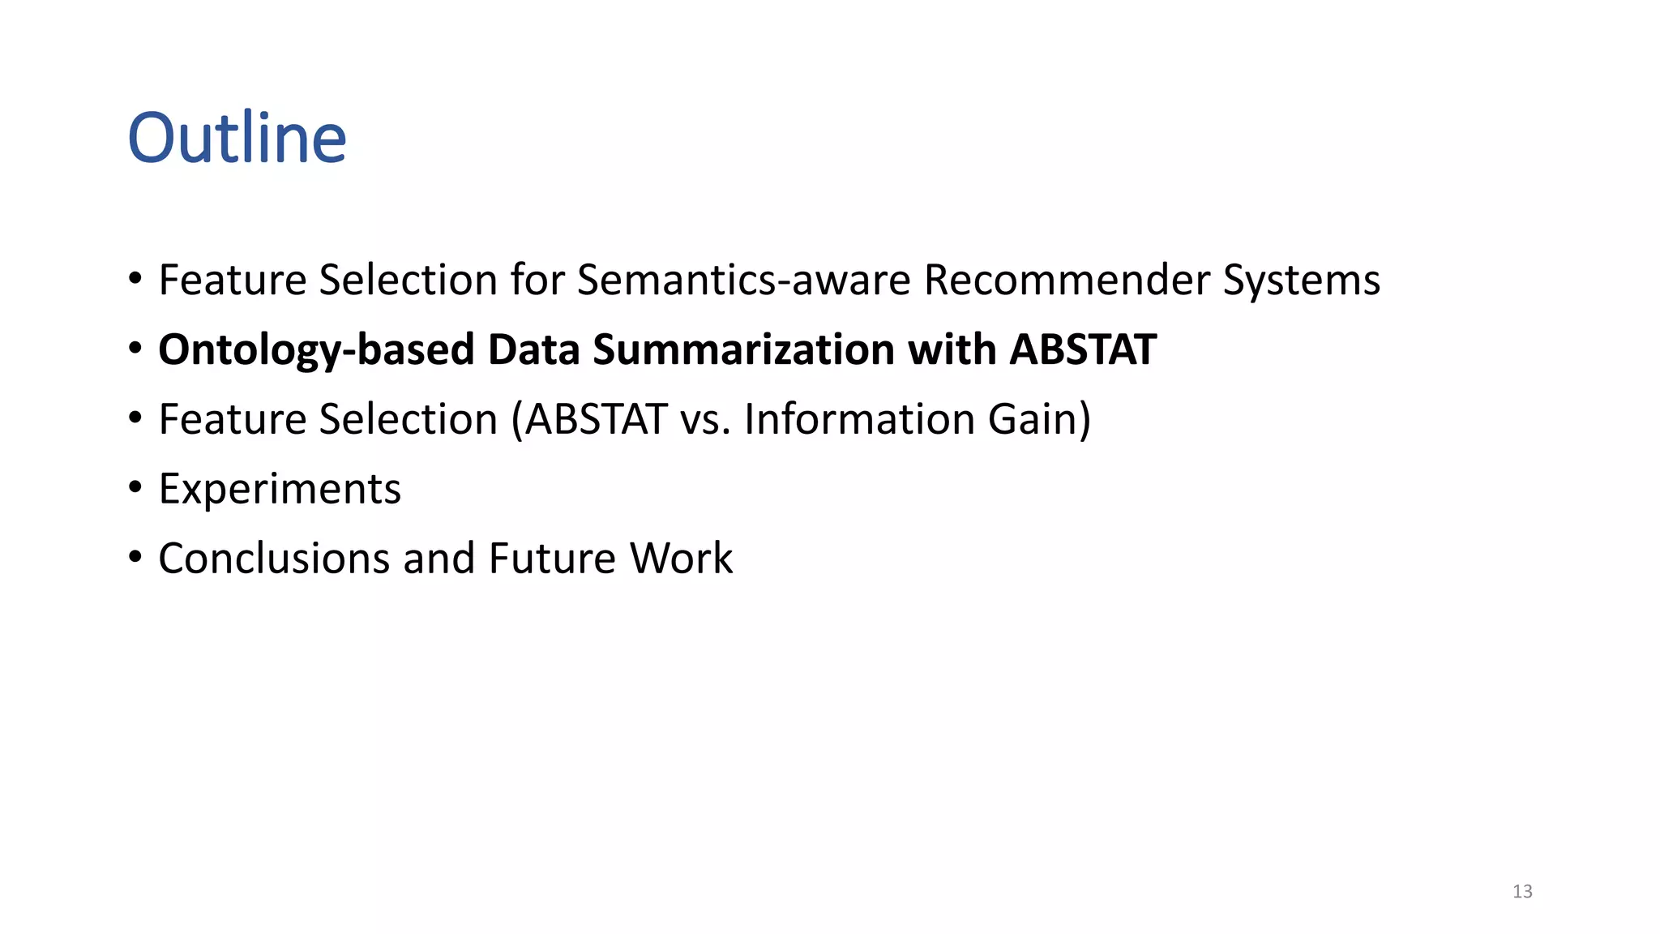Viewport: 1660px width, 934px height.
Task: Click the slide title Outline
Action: click(237, 138)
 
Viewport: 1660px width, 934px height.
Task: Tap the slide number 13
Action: click(1522, 892)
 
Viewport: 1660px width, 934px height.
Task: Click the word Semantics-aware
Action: click(743, 281)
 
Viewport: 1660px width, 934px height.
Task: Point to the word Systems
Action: click(1301, 281)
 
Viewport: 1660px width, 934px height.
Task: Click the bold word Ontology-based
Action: click(316, 350)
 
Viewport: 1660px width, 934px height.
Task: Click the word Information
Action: click(859, 419)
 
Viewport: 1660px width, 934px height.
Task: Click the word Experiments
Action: click(280, 489)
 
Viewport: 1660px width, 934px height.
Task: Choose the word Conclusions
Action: click(274, 559)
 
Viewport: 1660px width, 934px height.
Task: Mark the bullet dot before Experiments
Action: click(135, 488)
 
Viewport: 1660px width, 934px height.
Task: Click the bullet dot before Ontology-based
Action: click(135, 349)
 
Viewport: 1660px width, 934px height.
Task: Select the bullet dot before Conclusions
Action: click(135, 558)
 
